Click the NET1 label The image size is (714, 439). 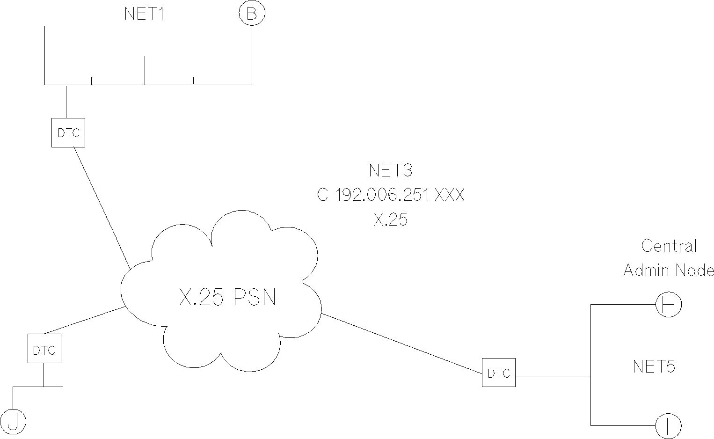pyautogui.click(x=144, y=14)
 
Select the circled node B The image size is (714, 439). pyautogui.click(x=252, y=14)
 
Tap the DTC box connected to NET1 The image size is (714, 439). pyautogui.click(x=68, y=133)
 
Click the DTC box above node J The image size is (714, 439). pyautogui.click(x=44, y=349)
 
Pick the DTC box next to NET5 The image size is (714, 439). pyautogui.click(x=499, y=373)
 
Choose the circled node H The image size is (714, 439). pyautogui.click(x=669, y=305)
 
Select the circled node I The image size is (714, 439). pyautogui.click(x=668, y=426)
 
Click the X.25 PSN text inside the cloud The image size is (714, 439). pyautogui.click(x=228, y=297)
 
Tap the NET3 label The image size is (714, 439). pyautogui.click(x=390, y=170)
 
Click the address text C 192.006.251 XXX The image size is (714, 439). pyautogui.click(x=391, y=195)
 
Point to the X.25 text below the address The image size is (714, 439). pyautogui.click(x=391, y=219)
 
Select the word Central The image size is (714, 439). pyautogui.click(x=669, y=246)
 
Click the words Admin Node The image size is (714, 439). pyautogui.click(x=669, y=271)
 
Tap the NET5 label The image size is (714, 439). pyautogui.click(x=654, y=366)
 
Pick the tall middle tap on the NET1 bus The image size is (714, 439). pyautogui.click(x=145, y=70)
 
